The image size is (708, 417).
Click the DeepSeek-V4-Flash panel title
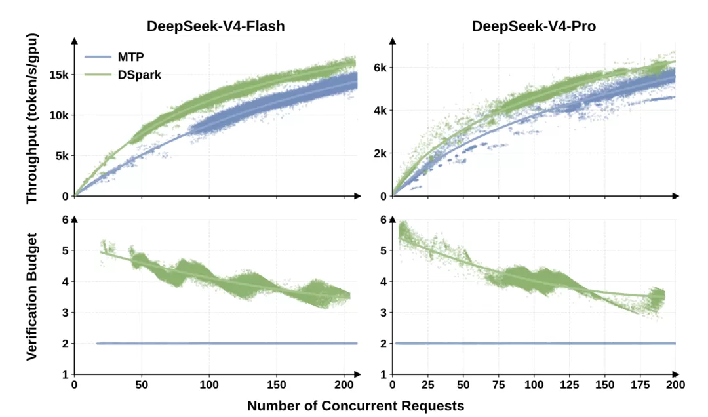click(216, 26)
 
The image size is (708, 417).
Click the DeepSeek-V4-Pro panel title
click(534, 26)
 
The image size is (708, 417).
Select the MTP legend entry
click(114, 57)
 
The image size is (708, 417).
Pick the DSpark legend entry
click(123, 75)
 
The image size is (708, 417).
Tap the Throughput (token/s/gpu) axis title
click(32, 119)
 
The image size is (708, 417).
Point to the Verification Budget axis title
click(31, 296)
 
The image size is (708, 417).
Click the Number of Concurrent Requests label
click(355, 406)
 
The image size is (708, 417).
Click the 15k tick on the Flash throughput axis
click(59, 75)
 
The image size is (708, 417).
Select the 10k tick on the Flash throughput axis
click(59, 115)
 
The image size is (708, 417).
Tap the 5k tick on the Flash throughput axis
click(62, 156)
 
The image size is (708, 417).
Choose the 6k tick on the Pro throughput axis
click(380, 68)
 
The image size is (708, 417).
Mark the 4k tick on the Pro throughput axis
click(380, 111)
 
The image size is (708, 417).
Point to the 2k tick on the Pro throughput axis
click(380, 153)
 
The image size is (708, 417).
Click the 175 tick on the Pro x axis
click(640, 385)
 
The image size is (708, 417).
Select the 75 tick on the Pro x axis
click(498, 385)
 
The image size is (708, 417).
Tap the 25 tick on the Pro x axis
click(427, 385)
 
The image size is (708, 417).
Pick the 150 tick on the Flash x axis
click(277, 385)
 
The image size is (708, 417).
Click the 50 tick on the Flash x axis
click(142, 385)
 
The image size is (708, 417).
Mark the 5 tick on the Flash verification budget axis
click(66, 250)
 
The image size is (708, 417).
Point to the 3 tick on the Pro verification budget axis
click(383, 313)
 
